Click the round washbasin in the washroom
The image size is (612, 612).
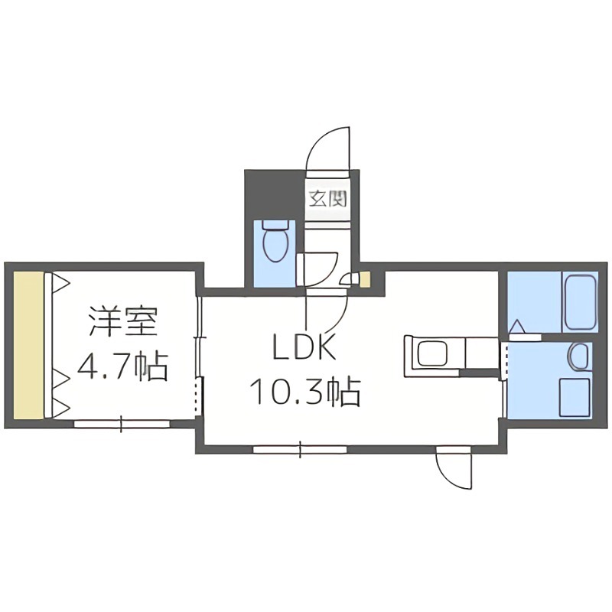[x=579, y=356]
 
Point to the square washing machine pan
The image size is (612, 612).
[x=575, y=397]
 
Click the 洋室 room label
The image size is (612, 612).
[x=122, y=321]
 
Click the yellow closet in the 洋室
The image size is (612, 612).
[x=28, y=344]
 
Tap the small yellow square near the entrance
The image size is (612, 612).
[x=365, y=279]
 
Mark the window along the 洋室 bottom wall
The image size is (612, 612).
[x=122, y=422]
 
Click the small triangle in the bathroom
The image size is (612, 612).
[x=517, y=328]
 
